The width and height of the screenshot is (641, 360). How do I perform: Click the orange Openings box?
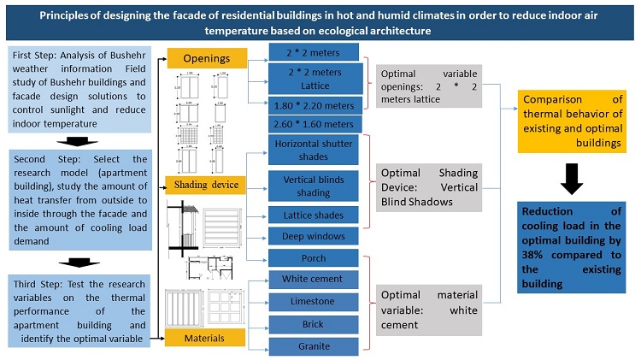[206, 58]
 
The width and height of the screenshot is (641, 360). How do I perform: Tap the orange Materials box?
[206, 339]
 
